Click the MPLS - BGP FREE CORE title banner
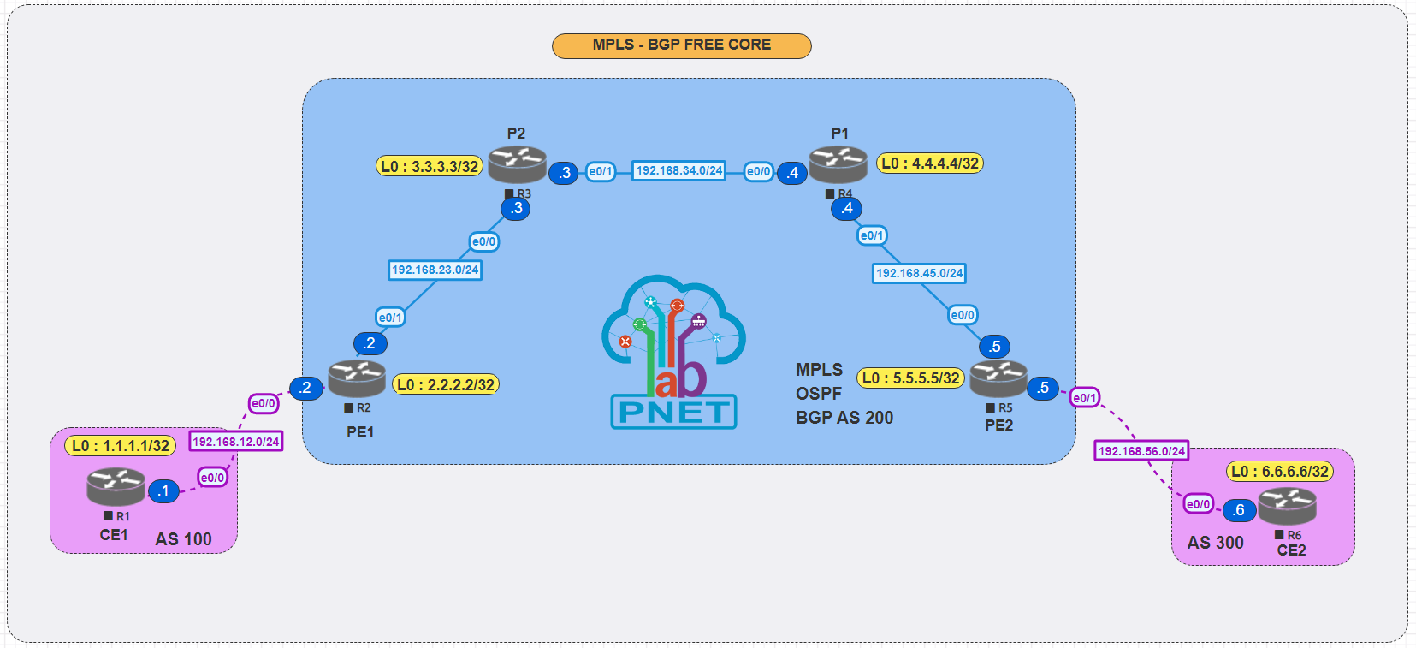681,45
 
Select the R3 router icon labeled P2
517,163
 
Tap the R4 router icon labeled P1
838,163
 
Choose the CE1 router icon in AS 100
116,485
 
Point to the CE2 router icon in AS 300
1287,505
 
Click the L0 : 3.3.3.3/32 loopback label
430,166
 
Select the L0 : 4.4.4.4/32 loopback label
930,163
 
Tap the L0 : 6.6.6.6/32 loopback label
1280,472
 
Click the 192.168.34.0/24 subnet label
679,170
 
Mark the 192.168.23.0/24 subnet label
435,270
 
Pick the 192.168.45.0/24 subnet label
920,273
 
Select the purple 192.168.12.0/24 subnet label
236,442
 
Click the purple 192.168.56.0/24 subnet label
1141,450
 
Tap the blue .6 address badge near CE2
1239,510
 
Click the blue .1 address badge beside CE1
163,491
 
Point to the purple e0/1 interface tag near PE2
1084,398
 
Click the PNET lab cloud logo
674,351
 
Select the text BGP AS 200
844,418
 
